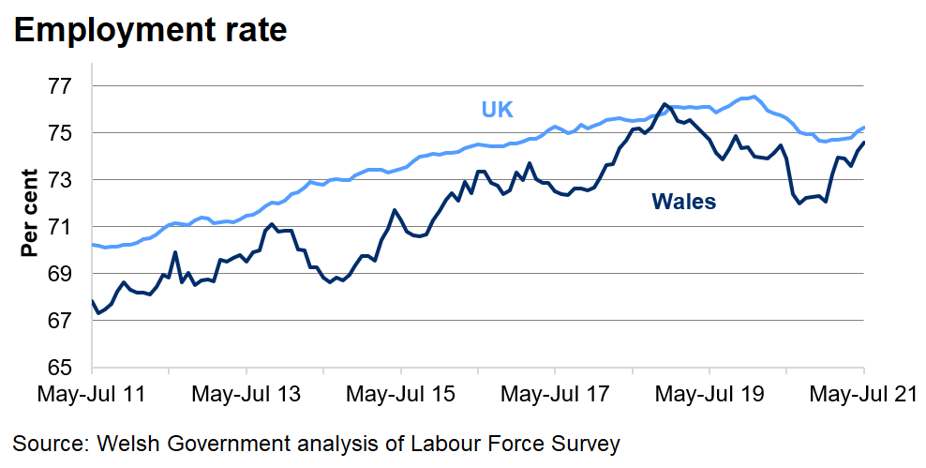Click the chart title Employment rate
point(150,30)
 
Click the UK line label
point(498,109)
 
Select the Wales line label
point(683,201)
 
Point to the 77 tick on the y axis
point(60,86)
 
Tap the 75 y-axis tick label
point(60,133)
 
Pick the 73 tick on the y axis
point(60,180)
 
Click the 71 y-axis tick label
point(60,227)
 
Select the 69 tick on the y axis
point(60,274)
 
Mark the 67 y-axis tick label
point(60,321)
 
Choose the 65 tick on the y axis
point(60,367)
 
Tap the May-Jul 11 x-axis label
point(91,394)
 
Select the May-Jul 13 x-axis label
point(246,394)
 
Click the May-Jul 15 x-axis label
point(400,394)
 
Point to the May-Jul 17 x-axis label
point(555,394)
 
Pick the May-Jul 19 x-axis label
point(709,394)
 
